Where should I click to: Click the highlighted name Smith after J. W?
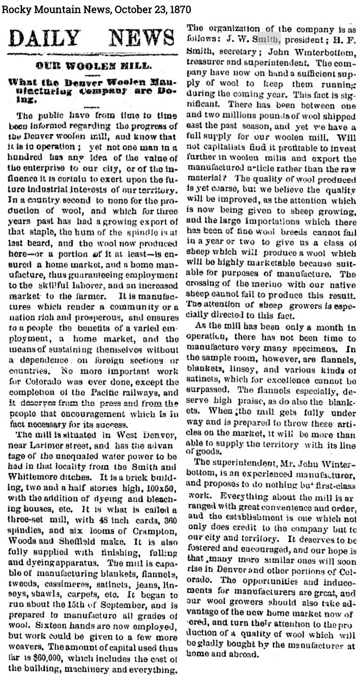(266, 40)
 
